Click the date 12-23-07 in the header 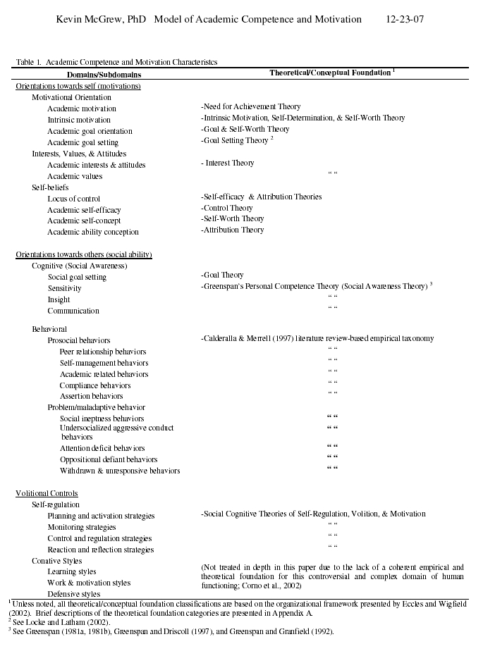(405, 19)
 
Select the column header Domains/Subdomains (104, 75)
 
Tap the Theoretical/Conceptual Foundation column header (331, 73)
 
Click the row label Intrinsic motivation (78, 120)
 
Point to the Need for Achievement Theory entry (251, 107)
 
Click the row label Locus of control (73, 199)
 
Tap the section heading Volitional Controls (47, 493)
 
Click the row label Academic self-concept (82, 221)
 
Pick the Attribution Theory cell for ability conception (233, 230)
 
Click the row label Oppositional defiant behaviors (109, 459)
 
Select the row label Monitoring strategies (82, 527)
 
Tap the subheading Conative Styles (56, 561)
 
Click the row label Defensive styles (74, 594)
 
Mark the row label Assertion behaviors (91, 396)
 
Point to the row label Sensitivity (65, 288)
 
